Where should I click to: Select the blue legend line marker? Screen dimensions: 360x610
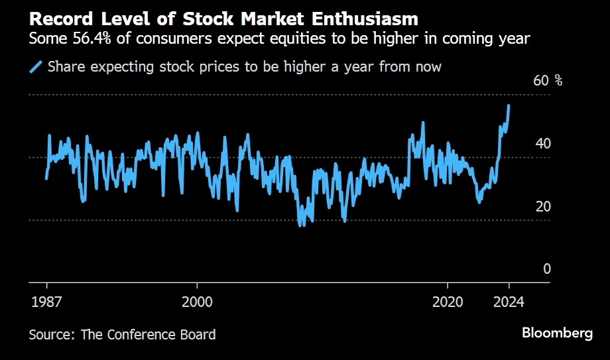tap(36, 66)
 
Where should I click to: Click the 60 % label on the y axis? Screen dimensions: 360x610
tap(548, 81)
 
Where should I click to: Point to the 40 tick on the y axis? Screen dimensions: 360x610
tap(542, 144)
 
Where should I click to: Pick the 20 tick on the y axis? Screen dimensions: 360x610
tap(542, 206)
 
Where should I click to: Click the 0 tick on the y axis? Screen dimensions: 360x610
tap(547, 269)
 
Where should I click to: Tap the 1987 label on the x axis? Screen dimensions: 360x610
tap(47, 302)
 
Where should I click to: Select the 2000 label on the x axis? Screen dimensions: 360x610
tap(197, 302)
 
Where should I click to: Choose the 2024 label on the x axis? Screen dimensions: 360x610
tap(509, 302)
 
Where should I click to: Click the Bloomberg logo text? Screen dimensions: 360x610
tap(557, 333)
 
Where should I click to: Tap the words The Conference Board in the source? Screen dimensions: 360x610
tap(149, 334)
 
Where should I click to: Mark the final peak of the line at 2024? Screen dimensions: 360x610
tap(509, 105)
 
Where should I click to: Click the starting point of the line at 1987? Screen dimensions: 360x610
tap(46, 178)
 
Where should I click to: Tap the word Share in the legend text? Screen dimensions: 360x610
tap(65, 66)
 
